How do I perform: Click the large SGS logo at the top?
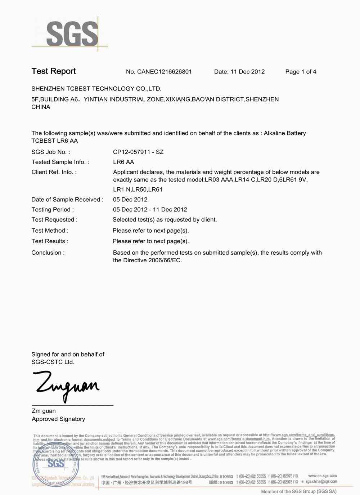[x=72, y=34]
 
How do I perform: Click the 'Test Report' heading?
[x=54, y=71]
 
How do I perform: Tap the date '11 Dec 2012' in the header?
[x=247, y=72]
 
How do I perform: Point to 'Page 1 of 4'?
[x=301, y=72]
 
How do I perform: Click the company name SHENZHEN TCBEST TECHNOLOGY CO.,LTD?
[x=96, y=89]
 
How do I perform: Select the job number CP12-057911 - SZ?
[x=138, y=152]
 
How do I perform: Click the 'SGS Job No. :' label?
[x=51, y=152]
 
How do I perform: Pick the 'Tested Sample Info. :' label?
[x=60, y=162]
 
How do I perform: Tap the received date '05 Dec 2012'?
[x=130, y=200]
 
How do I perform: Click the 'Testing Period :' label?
[x=53, y=210]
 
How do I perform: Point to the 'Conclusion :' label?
[x=48, y=253]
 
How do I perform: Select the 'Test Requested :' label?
[x=54, y=220]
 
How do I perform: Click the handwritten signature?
[x=66, y=385]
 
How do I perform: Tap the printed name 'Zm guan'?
[x=44, y=411]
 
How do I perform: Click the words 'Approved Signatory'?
[x=58, y=419]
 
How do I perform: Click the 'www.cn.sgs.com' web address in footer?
[x=322, y=476]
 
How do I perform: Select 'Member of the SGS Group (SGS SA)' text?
[x=298, y=491]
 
